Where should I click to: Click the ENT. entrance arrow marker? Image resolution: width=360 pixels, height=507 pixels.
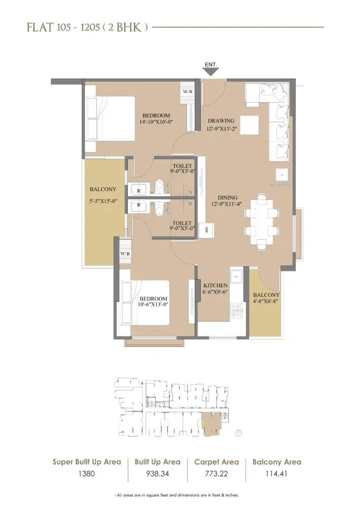click(x=211, y=71)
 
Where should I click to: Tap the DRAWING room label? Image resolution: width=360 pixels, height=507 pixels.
click(x=221, y=121)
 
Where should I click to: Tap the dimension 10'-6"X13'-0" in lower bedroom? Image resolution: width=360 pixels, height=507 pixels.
click(x=154, y=305)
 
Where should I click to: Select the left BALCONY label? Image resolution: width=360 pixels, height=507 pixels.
click(x=103, y=189)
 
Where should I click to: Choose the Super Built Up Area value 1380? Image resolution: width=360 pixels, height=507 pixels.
click(x=87, y=475)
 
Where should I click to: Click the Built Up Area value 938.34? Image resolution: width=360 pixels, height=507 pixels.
click(x=157, y=475)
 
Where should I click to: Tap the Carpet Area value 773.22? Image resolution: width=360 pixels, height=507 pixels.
click(x=217, y=475)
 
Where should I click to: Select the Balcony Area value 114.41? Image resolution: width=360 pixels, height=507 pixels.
click(x=277, y=475)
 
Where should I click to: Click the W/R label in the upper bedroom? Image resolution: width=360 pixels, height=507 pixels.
click(x=188, y=92)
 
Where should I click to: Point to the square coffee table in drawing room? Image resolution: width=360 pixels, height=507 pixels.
click(x=248, y=125)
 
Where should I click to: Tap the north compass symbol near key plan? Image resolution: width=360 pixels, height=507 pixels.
click(x=239, y=433)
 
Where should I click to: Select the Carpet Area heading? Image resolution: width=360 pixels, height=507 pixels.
click(x=217, y=462)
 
